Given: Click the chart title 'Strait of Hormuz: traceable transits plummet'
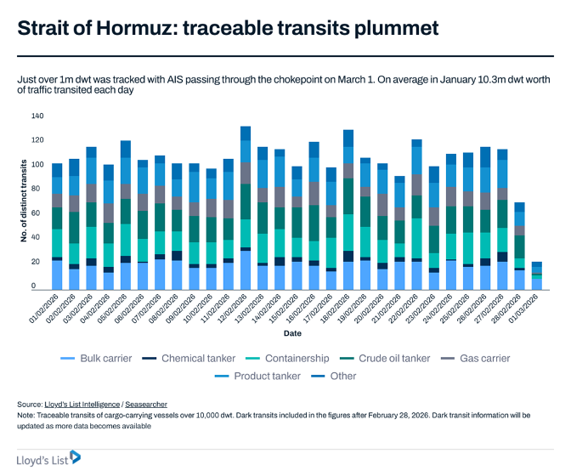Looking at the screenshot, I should [228, 29].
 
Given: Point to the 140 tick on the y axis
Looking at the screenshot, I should [37, 116].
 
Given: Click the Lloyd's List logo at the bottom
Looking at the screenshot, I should [49, 458].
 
